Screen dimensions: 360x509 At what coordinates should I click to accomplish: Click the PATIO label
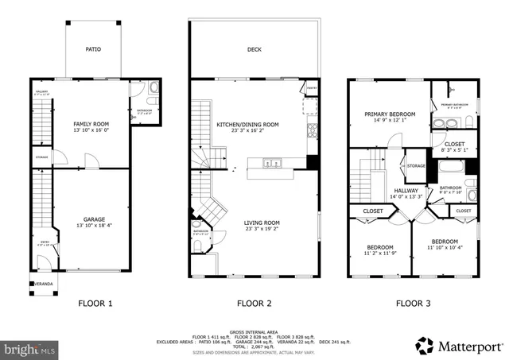[x=94, y=48]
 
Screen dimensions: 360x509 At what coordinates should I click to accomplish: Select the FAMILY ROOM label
[x=91, y=125]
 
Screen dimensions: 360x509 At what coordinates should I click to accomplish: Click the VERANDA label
[x=43, y=284]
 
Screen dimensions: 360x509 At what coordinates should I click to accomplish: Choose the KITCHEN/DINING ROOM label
[x=248, y=125]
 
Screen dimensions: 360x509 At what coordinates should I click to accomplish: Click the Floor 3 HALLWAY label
[x=406, y=191]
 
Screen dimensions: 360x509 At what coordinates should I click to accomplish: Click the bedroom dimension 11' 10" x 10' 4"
[x=445, y=248]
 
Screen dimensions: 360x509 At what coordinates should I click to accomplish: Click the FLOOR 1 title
[x=95, y=303]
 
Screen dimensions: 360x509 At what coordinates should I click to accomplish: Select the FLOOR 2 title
[x=254, y=303]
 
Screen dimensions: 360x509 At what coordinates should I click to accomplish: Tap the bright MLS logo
[x=30, y=349]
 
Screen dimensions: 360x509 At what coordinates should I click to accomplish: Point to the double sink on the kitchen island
[x=273, y=165]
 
